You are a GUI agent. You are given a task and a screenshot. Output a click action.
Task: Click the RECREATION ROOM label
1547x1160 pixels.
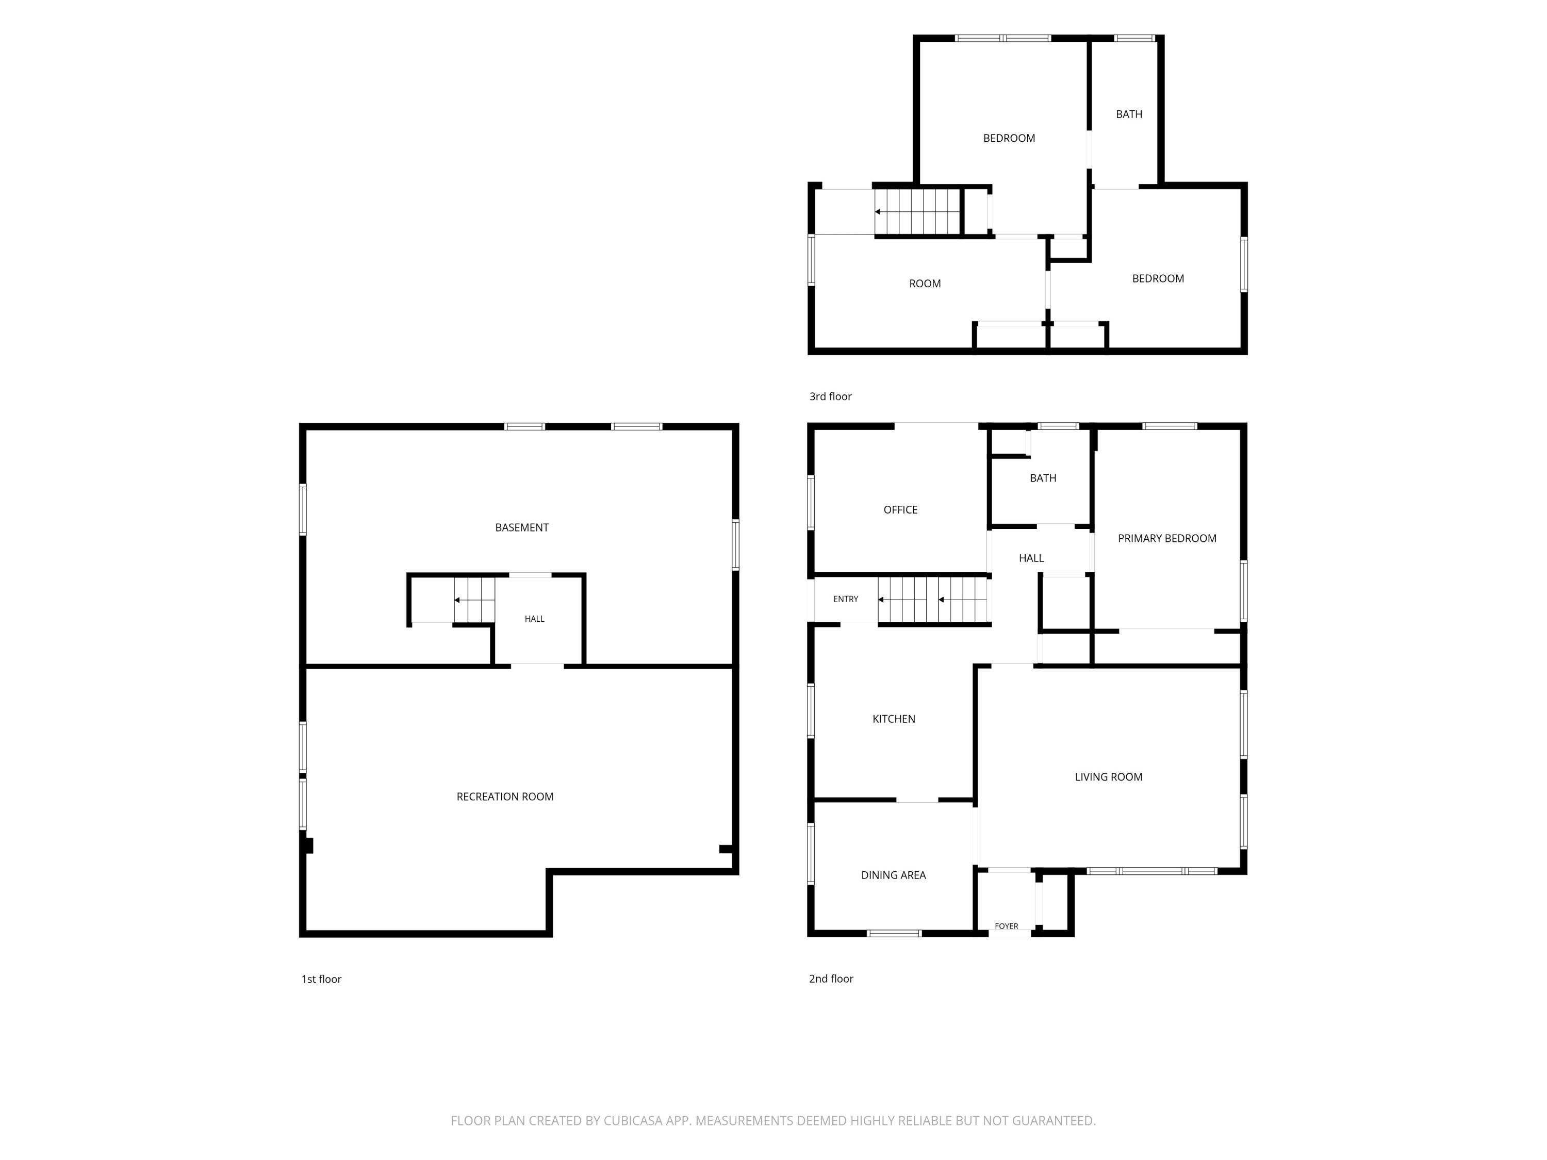pos(505,797)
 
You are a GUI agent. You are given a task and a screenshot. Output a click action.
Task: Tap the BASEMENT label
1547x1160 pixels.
pos(522,527)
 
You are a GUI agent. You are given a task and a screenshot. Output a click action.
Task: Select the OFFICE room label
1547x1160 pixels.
pos(900,510)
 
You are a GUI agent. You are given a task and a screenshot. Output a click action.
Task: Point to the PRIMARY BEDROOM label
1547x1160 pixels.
pos(1166,538)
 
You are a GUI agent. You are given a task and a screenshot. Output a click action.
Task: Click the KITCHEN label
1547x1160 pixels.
pos(894,719)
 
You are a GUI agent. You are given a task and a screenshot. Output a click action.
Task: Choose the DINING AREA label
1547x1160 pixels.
pos(893,875)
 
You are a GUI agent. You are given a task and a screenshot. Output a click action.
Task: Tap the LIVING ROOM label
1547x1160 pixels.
pos(1109,777)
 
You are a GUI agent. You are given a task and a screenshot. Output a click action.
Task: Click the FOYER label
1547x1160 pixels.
pos(1007,926)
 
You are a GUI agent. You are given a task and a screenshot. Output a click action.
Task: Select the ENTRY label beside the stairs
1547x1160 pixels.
pos(846,599)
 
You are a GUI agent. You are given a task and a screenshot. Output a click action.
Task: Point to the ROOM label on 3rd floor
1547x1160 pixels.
pos(925,283)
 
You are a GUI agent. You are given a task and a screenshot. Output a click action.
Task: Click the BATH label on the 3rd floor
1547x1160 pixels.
pos(1129,114)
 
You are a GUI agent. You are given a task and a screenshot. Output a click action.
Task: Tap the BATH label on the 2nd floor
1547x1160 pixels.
pos(1043,478)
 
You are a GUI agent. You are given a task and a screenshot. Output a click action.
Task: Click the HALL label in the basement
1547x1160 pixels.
pos(534,619)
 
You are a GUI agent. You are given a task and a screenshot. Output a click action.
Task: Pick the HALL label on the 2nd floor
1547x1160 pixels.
pos(1031,558)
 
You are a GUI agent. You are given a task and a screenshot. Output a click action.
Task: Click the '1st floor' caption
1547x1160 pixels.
pos(321,979)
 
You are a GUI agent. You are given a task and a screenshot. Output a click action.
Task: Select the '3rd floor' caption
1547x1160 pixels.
pos(830,396)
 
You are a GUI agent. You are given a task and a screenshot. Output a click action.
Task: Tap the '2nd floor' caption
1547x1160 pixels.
pos(831,979)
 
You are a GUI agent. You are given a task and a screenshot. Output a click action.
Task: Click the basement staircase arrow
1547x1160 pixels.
pos(474,600)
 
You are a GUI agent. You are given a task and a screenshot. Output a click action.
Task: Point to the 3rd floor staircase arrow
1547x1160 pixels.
pos(917,212)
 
